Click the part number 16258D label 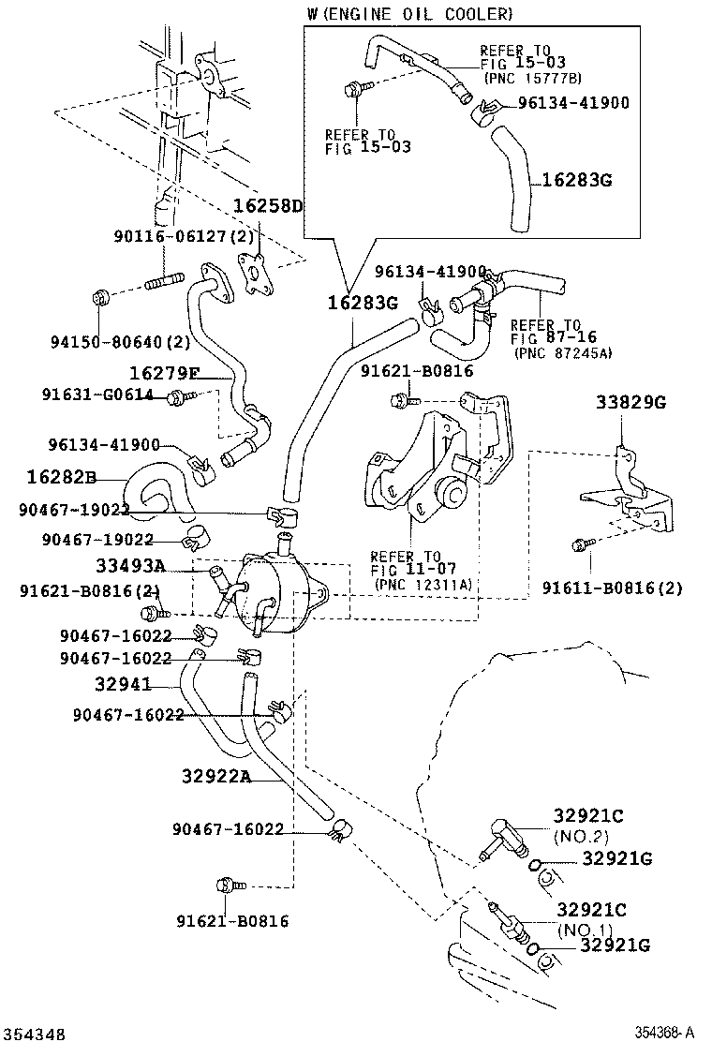pyautogui.click(x=268, y=206)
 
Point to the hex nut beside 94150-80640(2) pyautogui.click(x=104, y=298)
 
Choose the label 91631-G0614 pyautogui.click(x=96, y=394)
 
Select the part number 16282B pyautogui.click(x=62, y=477)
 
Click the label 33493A pyautogui.click(x=130, y=565)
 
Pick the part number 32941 pyautogui.click(x=126, y=683)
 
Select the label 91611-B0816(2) pyautogui.click(x=613, y=588)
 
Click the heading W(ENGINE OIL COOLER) pyautogui.click(x=409, y=14)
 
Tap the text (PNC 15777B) pyautogui.click(x=532, y=78)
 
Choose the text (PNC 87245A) pyautogui.click(x=561, y=351)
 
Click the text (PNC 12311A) pyautogui.click(x=423, y=584)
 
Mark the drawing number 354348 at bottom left pyautogui.click(x=34, y=1034)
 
